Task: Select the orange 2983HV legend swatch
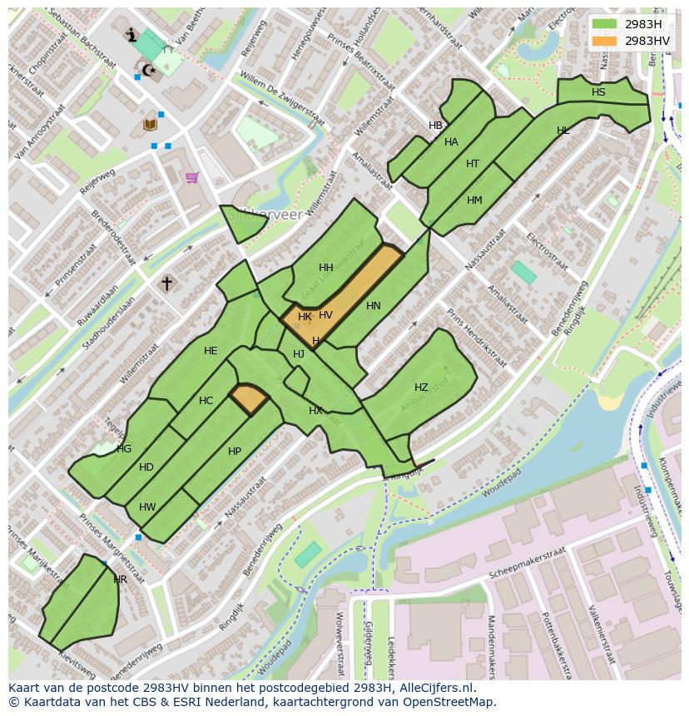tap(605, 40)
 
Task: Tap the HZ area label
tap(421, 388)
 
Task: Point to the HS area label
tap(598, 92)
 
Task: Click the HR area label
tap(120, 580)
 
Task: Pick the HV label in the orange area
tap(325, 315)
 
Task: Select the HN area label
tap(373, 306)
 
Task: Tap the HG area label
tap(124, 449)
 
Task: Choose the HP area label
tap(235, 452)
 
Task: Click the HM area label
tap(474, 200)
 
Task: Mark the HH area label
tap(325, 268)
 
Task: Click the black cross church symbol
tap(166, 284)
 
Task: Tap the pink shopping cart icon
tap(192, 177)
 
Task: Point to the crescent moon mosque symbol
tap(149, 70)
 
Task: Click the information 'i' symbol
tap(131, 35)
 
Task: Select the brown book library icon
tap(150, 125)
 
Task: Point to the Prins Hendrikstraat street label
tap(477, 338)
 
